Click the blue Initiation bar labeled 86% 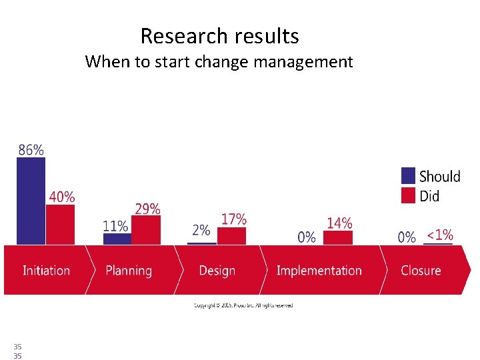pyautogui.click(x=31, y=201)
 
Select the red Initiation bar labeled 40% pyautogui.click(x=60, y=225)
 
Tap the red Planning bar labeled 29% pyautogui.click(x=147, y=231)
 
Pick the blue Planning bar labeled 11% pyautogui.click(x=117, y=239)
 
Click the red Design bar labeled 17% pyautogui.click(x=233, y=236)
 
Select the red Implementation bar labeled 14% pyautogui.click(x=338, y=238)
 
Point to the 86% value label pyautogui.click(x=31, y=150)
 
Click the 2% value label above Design pyautogui.click(x=201, y=231)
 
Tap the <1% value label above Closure pyautogui.click(x=439, y=235)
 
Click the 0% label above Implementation pyautogui.click(x=307, y=237)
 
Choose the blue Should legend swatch pyautogui.click(x=408, y=176)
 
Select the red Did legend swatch pyautogui.click(x=408, y=195)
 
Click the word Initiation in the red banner pyautogui.click(x=46, y=271)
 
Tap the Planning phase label pyautogui.click(x=129, y=271)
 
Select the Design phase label pyautogui.click(x=217, y=271)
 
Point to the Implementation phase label pyautogui.click(x=319, y=271)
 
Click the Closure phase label pyautogui.click(x=421, y=271)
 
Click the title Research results pyautogui.click(x=219, y=36)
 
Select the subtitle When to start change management pyautogui.click(x=219, y=62)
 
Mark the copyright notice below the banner pyautogui.click(x=243, y=305)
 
